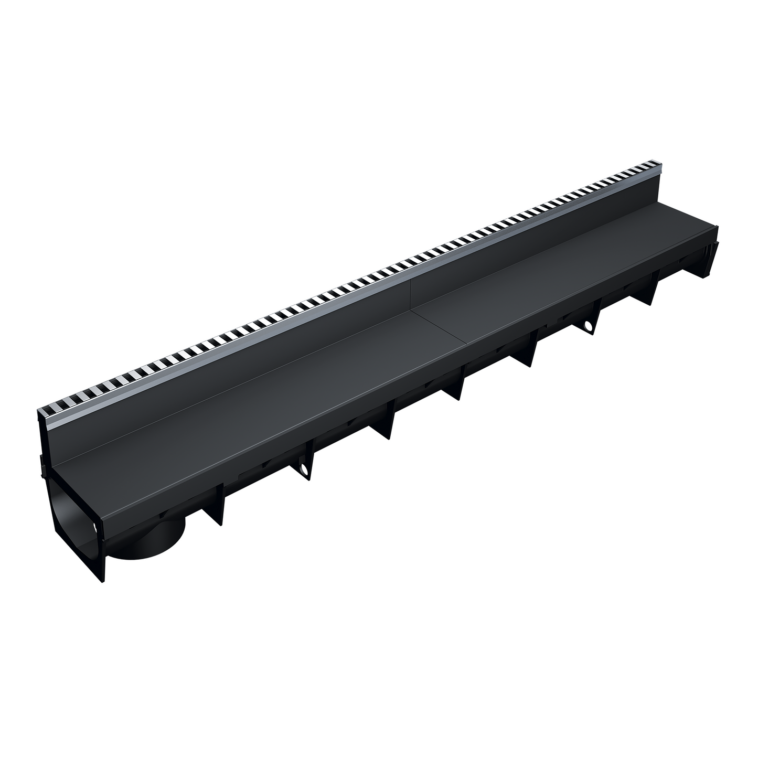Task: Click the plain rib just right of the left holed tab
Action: pos(387,427)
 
